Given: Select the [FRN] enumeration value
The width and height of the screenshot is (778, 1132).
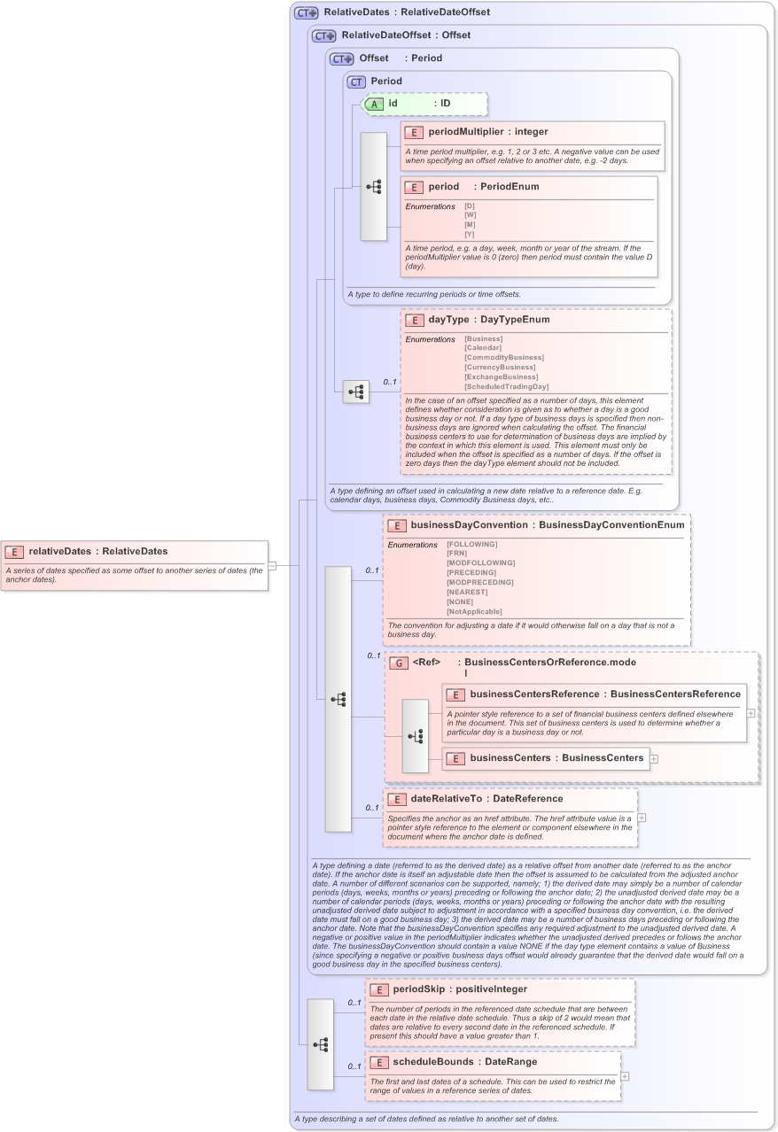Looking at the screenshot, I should (457, 553).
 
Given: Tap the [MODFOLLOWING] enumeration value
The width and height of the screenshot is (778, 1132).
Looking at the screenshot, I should (480, 562).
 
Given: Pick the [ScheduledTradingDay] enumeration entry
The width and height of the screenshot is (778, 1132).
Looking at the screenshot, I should (506, 386).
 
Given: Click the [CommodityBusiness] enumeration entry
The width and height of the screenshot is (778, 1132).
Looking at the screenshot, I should (503, 358).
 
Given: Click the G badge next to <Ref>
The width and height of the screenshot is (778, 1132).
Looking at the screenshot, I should (399, 663).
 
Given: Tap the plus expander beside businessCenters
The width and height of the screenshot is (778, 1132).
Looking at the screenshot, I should (654, 758).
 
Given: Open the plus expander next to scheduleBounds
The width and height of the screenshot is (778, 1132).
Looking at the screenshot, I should (625, 1076).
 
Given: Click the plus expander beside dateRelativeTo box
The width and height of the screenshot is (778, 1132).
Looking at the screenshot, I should (642, 818).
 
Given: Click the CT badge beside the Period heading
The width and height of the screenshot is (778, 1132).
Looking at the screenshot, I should (356, 81).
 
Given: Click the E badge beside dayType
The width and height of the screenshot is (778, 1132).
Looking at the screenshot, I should (414, 320).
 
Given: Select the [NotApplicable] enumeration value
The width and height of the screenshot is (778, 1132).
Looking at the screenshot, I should (474, 611).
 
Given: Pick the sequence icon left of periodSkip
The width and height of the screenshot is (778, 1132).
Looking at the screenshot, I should (321, 1044).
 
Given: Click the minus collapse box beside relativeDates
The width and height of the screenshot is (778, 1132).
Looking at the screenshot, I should (273, 565).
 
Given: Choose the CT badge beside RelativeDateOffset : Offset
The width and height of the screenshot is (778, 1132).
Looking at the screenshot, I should (324, 35).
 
